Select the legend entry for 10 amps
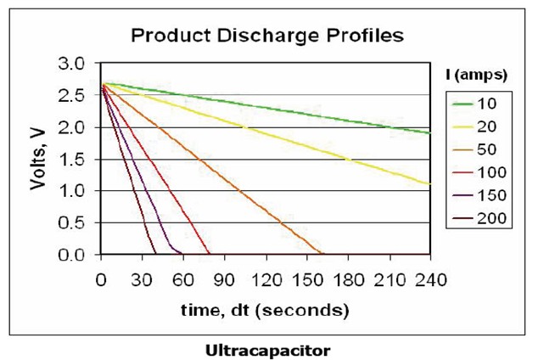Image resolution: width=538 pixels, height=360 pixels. pyautogui.click(x=477, y=104)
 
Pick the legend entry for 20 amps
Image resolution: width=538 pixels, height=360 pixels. pyautogui.click(x=477, y=127)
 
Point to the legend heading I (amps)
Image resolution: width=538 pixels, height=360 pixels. pyautogui.click(x=476, y=75)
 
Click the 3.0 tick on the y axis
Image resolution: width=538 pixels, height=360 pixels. pyautogui.click(x=74, y=64)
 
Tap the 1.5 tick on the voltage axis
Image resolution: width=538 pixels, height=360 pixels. pyautogui.click(x=74, y=159)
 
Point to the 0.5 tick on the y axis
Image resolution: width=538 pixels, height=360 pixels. pyautogui.click(x=74, y=222)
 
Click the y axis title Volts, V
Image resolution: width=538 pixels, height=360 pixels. pyautogui.click(x=38, y=159)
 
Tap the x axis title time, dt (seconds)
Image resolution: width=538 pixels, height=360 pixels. pyautogui.click(x=265, y=310)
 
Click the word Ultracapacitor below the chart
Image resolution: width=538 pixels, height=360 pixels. pyautogui.click(x=267, y=349)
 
